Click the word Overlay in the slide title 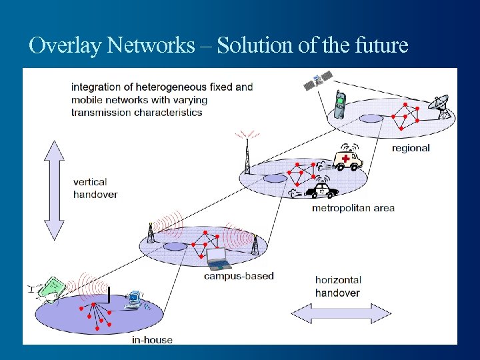pos(65,45)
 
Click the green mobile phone pos(340,105)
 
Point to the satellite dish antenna pos(441,107)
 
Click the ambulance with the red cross pos(348,159)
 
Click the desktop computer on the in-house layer pos(133,301)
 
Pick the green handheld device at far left pos(51,287)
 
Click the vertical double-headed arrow pos(53,189)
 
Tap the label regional pos(411,148)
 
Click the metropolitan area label pos(353,208)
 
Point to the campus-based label pos(239,276)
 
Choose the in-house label pos(152,340)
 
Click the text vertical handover pos(95,188)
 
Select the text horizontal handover pos(338,287)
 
